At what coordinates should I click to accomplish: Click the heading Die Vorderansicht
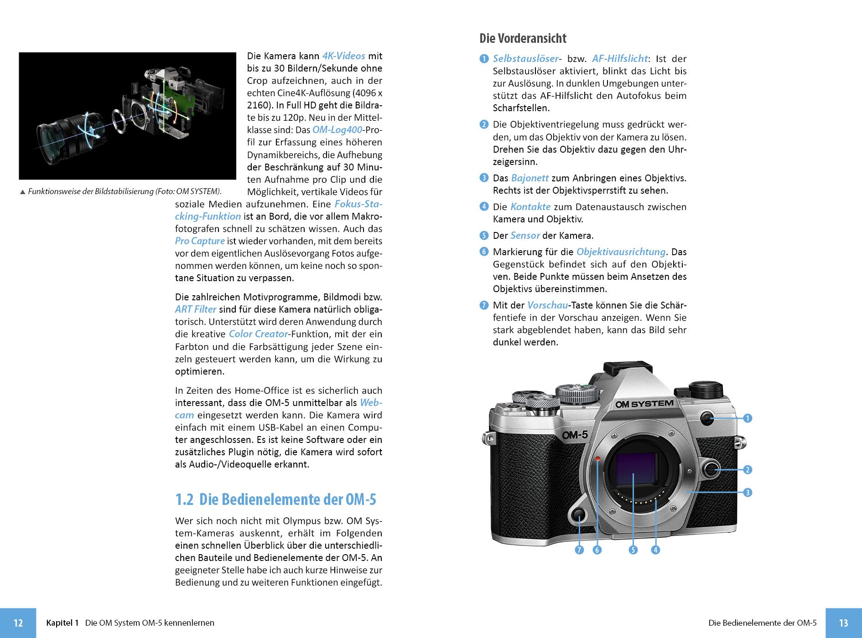click(x=523, y=38)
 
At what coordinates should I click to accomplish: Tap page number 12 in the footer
click(x=18, y=623)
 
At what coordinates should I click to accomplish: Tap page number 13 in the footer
click(x=843, y=623)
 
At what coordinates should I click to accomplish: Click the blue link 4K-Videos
click(x=343, y=56)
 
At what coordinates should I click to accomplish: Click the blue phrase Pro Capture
click(x=200, y=241)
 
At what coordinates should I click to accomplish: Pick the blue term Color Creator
click(x=259, y=334)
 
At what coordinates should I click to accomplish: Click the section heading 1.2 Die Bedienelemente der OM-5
click(x=275, y=499)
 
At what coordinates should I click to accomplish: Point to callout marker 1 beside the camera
click(x=747, y=418)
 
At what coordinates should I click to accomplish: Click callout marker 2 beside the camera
click(x=747, y=469)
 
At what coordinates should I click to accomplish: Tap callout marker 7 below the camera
click(x=579, y=550)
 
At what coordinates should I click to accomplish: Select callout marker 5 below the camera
click(x=633, y=550)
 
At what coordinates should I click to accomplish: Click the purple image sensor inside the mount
click(x=636, y=469)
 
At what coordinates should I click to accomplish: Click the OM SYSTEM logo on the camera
click(x=644, y=404)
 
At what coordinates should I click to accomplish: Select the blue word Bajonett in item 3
click(x=530, y=178)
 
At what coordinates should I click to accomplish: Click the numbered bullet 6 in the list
click(x=484, y=252)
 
